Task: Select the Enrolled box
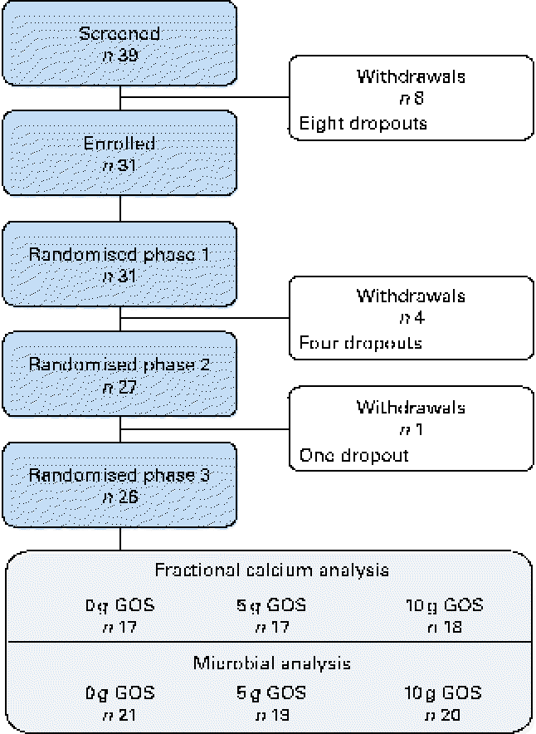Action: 120,154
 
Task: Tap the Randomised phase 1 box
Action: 120,264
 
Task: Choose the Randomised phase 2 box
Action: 120,374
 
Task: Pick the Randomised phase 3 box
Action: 120,485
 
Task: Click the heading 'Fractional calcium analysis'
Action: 270,572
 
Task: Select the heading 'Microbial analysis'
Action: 270,663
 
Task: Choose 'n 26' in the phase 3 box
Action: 120,497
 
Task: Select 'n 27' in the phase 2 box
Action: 120,387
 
